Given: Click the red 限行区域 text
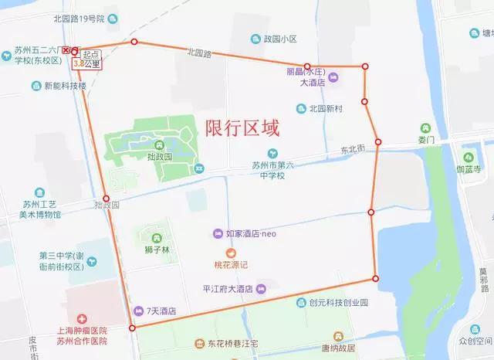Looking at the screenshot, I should pos(242,127).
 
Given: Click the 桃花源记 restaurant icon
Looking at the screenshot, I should pos(230,253).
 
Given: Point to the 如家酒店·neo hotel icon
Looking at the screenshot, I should pos(218,233).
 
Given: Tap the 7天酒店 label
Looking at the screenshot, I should pos(161,311).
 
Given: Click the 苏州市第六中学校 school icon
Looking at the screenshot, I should pos(271,153).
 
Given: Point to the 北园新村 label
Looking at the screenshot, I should pos(325,109).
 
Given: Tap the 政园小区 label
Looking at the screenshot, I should pos(280,39).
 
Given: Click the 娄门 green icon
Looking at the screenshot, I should pos(424,128).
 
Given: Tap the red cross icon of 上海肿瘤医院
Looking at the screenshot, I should pos(81,319).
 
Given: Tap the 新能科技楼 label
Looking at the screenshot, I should pos(65,86).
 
